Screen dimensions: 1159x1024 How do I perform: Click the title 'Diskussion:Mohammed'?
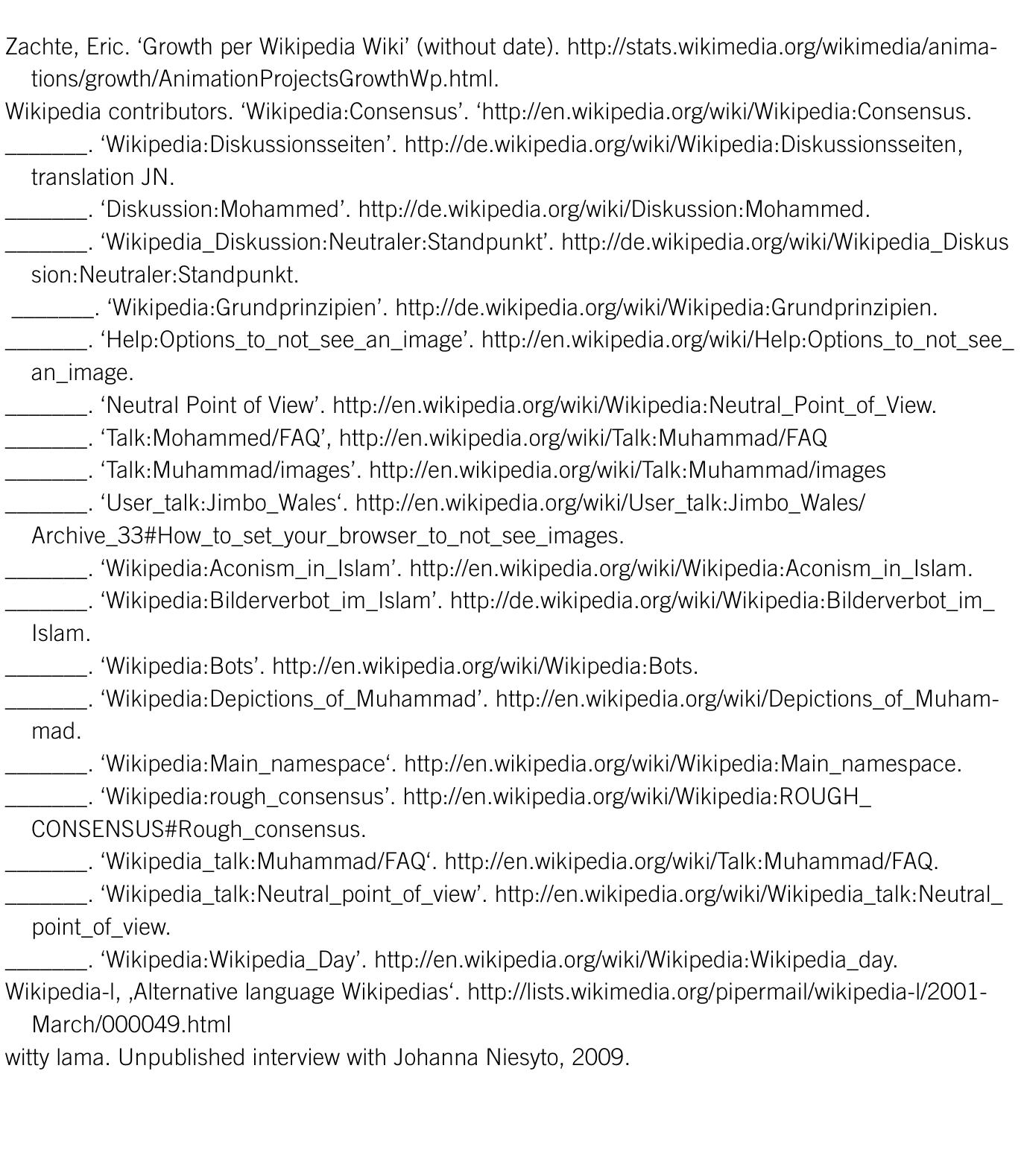click(224, 209)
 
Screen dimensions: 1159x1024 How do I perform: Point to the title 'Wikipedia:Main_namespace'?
click(247, 764)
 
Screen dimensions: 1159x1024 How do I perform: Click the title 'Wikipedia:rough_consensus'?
click(247, 797)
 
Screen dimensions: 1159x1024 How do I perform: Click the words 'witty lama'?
click(57, 1058)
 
